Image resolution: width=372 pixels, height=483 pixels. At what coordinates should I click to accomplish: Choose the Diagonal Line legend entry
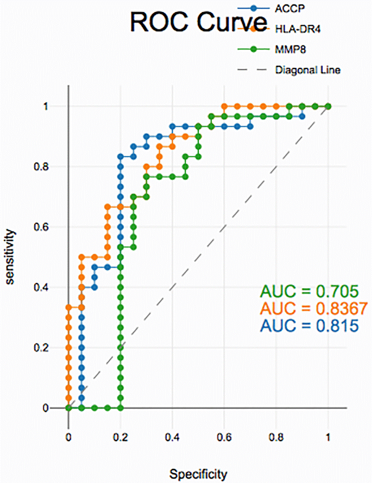click(307, 70)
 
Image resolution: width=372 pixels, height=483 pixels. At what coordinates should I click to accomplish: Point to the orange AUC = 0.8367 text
click(314, 308)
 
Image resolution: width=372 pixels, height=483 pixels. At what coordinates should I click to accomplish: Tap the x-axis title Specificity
click(198, 475)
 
